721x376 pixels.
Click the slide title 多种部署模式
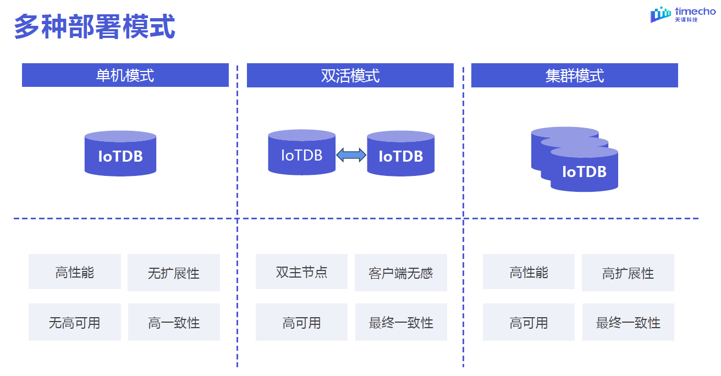pos(94,27)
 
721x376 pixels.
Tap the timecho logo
pos(683,15)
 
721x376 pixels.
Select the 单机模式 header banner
pos(125,75)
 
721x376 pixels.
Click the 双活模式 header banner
pos(350,75)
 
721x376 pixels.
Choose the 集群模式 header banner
pos(574,75)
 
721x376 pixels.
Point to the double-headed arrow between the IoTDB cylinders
pos(351,156)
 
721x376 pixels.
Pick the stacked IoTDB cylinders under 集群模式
pos(575,159)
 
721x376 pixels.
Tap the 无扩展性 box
pos(173,273)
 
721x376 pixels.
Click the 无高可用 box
pos(74,322)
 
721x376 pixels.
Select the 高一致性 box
pos(173,322)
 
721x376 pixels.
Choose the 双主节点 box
pos(301,272)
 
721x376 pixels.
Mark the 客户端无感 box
pos(400,273)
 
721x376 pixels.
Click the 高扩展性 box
pos(628,273)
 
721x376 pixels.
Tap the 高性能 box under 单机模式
pos(74,272)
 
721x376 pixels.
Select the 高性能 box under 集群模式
pos(529,272)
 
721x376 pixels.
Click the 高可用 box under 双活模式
pos(301,322)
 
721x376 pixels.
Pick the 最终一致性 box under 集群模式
pos(628,322)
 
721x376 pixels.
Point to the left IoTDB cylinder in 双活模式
pos(301,153)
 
